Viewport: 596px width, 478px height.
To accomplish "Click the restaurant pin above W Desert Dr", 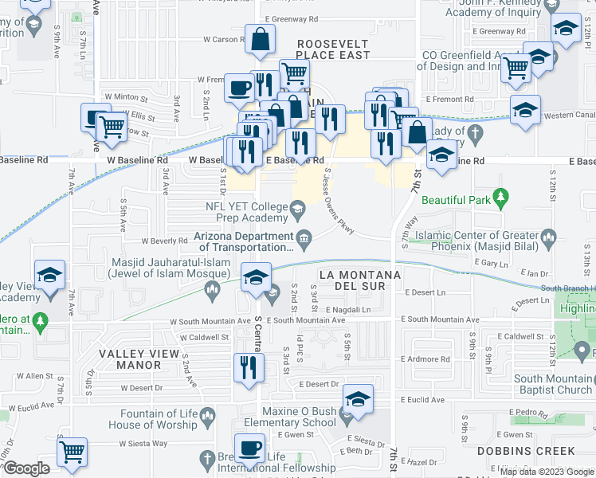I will click(x=249, y=368).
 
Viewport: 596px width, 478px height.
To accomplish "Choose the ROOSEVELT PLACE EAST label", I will click(x=333, y=49).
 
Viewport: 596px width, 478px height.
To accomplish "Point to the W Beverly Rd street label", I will click(x=163, y=241).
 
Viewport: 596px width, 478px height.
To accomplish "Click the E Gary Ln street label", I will click(x=495, y=263).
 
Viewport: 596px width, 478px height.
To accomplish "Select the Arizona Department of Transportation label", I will click(x=244, y=241).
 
